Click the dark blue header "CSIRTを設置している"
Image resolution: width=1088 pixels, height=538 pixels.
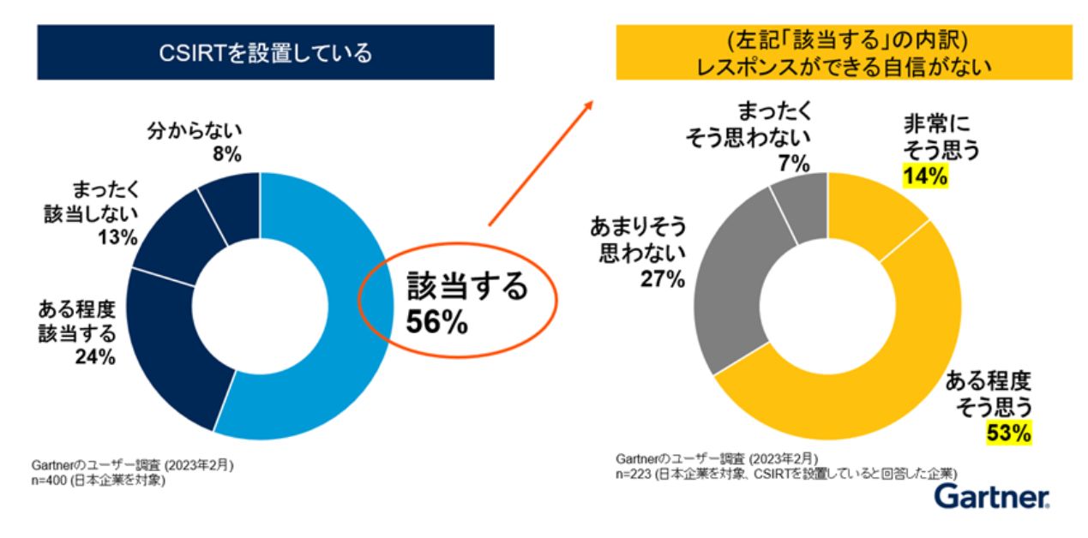(265, 52)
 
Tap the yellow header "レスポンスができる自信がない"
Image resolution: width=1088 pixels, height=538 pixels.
(844, 52)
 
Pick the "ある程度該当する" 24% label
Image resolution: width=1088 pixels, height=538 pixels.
(76, 332)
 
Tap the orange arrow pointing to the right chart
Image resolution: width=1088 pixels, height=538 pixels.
(541, 162)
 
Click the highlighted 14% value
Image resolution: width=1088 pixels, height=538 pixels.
(923, 177)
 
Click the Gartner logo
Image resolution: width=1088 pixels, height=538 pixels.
(991, 496)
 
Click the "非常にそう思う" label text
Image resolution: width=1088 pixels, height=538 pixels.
(941, 138)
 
